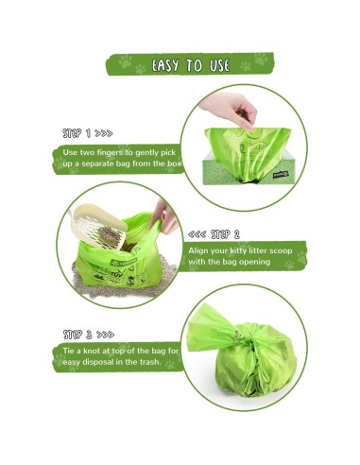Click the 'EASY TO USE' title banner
point(180,67)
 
